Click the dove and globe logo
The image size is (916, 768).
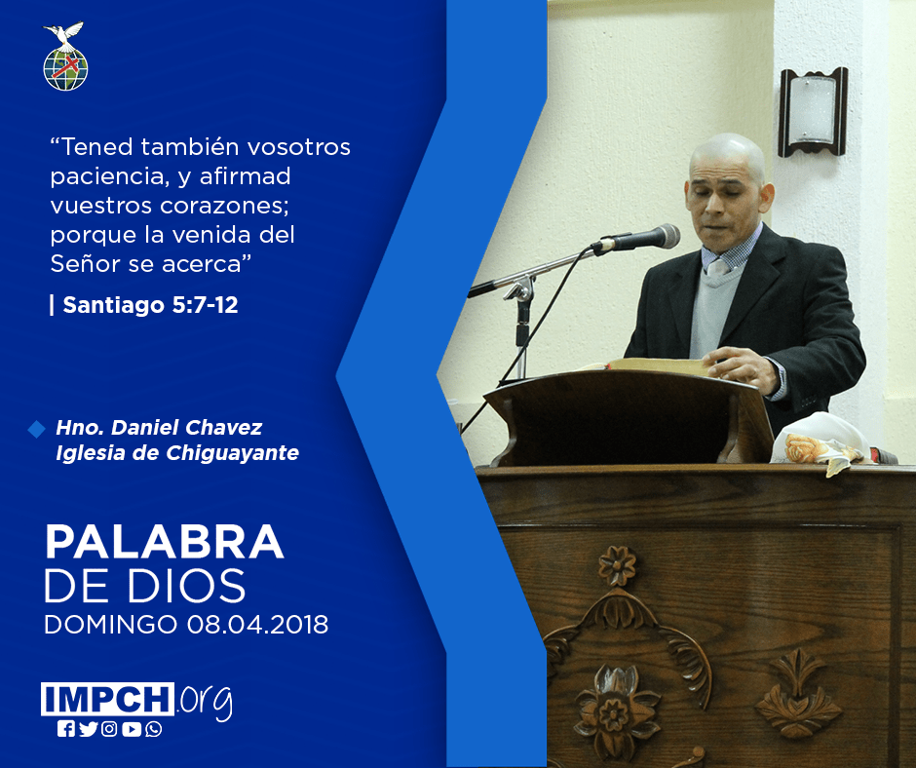[65, 57]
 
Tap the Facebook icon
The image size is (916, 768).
[66, 729]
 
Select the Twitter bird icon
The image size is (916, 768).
[89, 729]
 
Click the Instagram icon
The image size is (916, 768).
[109, 729]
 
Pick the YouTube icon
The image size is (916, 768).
[132, 729]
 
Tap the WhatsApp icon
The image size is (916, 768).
[154, 729]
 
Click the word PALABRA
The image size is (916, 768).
[164, 543]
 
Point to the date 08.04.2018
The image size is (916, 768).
[257, 625]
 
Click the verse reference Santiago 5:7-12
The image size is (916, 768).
[150, 305]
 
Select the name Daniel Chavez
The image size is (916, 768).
[187, 427]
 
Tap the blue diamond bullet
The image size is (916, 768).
[36, 429]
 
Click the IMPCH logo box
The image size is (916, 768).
[107, 699]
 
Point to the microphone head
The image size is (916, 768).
[662, 237]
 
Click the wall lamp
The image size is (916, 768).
[813, 112]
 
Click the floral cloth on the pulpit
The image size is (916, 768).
[821, 442]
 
